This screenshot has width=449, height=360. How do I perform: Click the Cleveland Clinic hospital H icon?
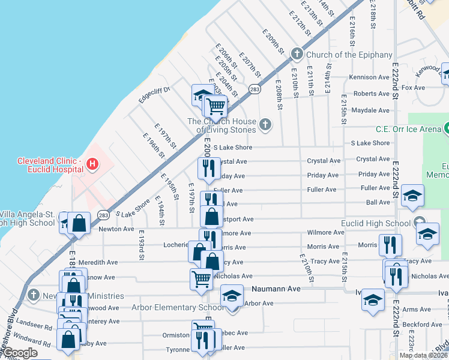[x=92, y=163]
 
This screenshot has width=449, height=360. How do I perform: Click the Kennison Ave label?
[x=369, y=77]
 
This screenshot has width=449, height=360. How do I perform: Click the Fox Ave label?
[x=413, y=88]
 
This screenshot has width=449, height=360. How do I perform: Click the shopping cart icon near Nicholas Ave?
[x=200, y=278]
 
